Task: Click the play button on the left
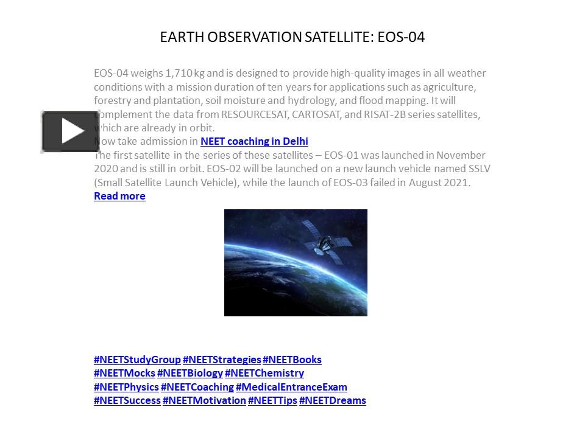point(70,131)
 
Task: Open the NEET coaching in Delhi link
point(254,142)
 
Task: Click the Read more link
point(119,196)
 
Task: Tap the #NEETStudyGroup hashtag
point(137,360)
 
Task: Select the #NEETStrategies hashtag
point(222,360)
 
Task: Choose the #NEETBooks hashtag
point(292,360)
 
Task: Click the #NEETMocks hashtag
point(124,373)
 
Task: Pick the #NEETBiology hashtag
point(190,373)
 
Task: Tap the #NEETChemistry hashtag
point(264,373)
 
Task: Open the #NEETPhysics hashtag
point(127,387)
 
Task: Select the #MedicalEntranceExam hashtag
point(291,387)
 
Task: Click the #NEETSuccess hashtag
point(127,401)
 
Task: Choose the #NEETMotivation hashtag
point(205,401)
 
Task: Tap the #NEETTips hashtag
point(273,401)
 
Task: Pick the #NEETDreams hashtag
point(333,401)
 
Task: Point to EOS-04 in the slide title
point(401,37)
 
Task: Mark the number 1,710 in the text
point(179,74)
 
